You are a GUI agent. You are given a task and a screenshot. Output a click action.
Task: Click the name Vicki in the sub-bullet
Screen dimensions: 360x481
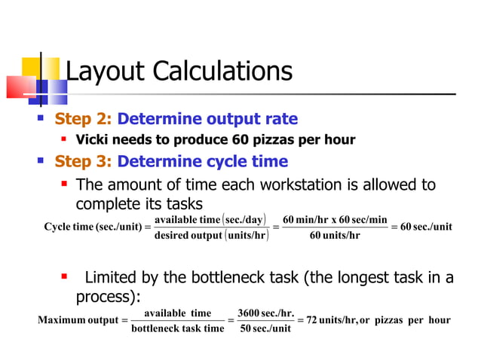pyautogui.click(x=93, y=140)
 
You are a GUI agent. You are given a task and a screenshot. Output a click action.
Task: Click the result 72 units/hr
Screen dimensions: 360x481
pyautogui.click(x=331, y=320)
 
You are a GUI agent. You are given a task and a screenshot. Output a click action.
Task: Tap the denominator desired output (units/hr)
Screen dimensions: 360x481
pyautogui.click(x=211, y=235)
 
